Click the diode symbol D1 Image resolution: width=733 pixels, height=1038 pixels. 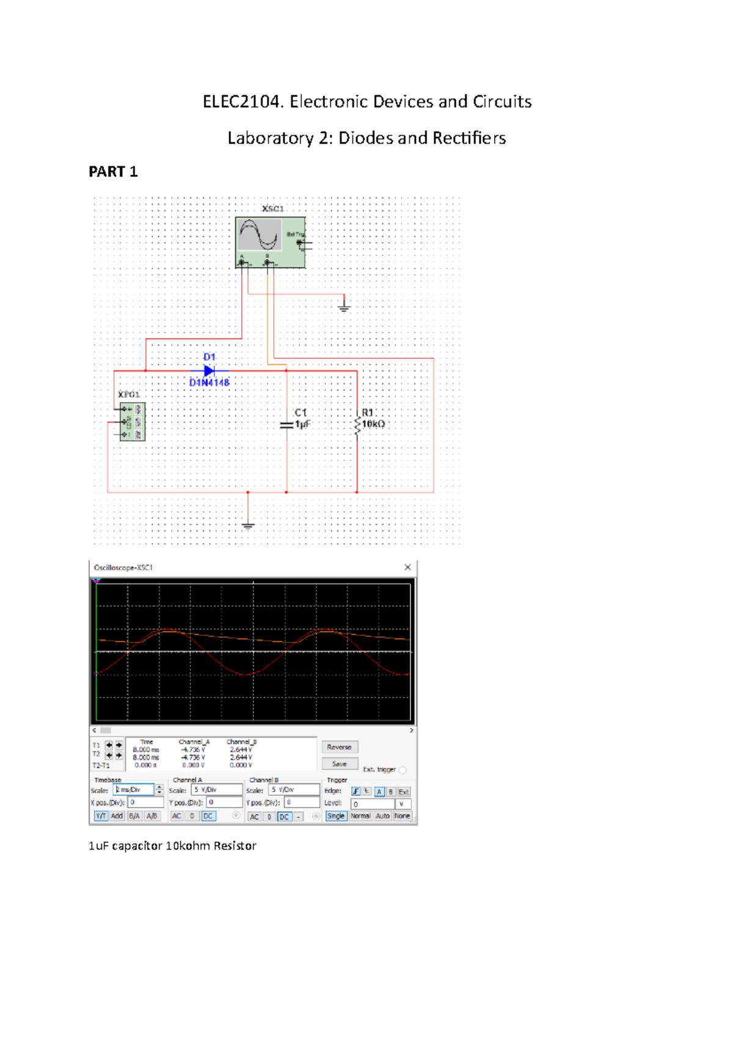click(x=209, y=370)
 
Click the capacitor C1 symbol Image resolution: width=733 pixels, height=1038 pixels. click(x=286, y=424)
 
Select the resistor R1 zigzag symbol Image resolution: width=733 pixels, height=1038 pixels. click(x=357, y=425)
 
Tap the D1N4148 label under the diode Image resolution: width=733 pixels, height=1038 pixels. click(x=209, y=383)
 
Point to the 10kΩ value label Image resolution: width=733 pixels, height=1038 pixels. click(x=373, y=424)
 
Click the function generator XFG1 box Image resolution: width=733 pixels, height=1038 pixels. click(x=132, y=422)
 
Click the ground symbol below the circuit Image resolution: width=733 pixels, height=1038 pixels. click(x=248, y=525)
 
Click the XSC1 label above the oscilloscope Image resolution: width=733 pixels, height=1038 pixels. click(x=272, y=209)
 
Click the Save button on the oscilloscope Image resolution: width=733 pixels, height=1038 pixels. click(x=339, y=764)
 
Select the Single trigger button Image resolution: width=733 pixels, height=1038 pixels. click(x=335, y=816)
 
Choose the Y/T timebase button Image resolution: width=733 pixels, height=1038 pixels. click(x=100, y=816)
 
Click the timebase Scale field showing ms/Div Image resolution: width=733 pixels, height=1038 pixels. click(x=134, y=790)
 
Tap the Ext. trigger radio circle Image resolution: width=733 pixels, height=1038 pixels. click(x=402, y=770)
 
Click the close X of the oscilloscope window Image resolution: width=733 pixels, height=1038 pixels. click(x=407, y=567)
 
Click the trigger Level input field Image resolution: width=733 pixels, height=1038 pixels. click(x=373, y=804)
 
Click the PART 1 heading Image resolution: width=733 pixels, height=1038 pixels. click(x=113, y=172)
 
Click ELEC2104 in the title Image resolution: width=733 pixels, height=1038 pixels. click(x=243, y=101)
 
